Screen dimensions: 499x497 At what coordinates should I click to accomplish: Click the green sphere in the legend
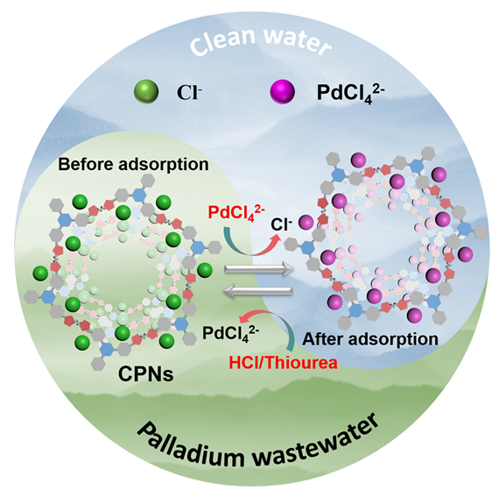(x=146, y=92)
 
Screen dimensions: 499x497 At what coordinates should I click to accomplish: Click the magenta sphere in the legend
(x=282, y=92)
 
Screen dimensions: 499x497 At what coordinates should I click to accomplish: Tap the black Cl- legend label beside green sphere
(x=189, y=92)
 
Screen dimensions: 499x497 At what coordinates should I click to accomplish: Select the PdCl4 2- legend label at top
(x=350, y=93)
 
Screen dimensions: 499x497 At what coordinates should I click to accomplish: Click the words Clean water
(x=260, y=41)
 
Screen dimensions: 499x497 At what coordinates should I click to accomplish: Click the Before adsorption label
(x=133, y=165)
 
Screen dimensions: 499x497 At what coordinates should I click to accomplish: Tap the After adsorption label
(x=370, y=339)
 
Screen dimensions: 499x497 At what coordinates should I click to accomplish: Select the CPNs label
(x=145, y=373)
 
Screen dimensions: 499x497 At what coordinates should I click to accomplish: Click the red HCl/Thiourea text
(x=283, y=363)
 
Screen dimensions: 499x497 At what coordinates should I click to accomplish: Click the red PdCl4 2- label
(x=236, y=212)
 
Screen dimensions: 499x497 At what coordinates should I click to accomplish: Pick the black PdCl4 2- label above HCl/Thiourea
(x=231, y=334)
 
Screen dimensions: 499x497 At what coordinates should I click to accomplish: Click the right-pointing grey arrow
(x=259, y=269)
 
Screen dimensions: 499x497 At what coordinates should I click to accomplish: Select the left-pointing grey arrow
(x=257, y=290)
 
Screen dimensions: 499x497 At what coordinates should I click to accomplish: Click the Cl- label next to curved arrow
(x=281, y=224)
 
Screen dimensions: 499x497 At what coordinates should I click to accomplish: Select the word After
(x=323, y=339)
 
